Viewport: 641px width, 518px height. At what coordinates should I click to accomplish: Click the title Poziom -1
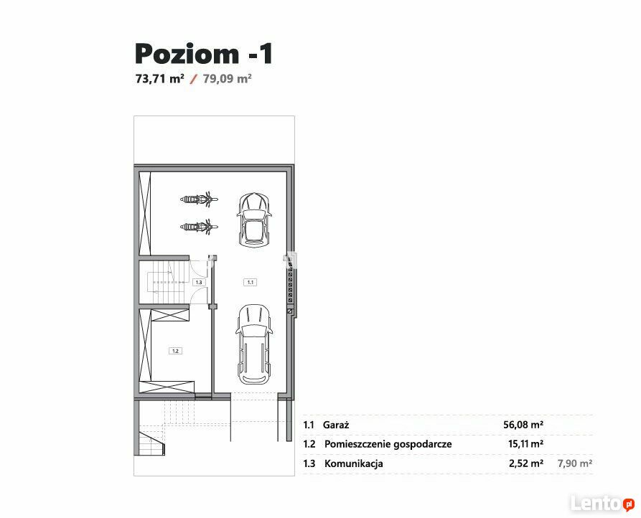[204, 54]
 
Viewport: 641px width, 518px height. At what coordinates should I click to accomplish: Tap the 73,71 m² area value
[160, 78]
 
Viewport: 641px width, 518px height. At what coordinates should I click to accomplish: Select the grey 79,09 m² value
[228, 78]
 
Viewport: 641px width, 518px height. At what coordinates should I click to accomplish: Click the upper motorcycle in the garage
[199, 199]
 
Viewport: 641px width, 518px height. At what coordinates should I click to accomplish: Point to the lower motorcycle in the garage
[199, 227]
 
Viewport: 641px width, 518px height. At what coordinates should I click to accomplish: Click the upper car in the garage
[254, 220]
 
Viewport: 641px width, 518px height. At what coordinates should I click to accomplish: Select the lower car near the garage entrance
[254, 344]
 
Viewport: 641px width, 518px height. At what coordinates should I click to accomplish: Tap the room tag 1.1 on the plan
[251, 282]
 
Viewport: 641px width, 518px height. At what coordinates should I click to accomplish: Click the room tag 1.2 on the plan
[175, 351]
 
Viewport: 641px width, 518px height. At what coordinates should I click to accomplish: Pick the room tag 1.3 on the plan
[199, 282]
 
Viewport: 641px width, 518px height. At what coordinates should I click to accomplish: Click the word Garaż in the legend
[336, 425]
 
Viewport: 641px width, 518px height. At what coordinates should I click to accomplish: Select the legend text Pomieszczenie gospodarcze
[388, 445]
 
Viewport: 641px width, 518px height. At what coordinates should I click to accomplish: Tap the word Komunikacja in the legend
[354, 463]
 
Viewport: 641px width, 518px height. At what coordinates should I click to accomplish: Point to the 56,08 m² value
[523, 425]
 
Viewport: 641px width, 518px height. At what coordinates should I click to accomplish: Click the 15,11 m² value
[525, 443]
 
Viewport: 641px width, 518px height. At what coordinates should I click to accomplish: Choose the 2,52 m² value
[526, 463]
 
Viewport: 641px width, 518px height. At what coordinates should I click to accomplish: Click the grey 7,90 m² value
[575, 463]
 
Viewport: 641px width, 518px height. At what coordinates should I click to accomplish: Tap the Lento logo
[602, 504]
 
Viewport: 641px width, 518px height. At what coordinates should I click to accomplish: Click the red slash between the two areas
[194, 79]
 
